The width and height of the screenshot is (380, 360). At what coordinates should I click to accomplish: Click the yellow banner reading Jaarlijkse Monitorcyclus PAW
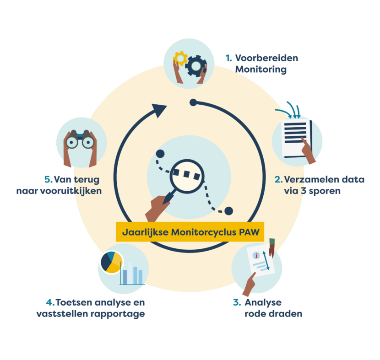coord(190,232)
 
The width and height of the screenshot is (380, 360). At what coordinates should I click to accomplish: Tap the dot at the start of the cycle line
coord(194,102)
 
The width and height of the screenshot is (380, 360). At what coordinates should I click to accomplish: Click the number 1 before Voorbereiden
coord(228,58)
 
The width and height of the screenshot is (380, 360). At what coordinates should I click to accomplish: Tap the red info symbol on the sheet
coord(257,255)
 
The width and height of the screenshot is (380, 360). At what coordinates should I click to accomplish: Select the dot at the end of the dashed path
coord(228,211)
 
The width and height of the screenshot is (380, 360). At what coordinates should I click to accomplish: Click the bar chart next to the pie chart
coord(132,274)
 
